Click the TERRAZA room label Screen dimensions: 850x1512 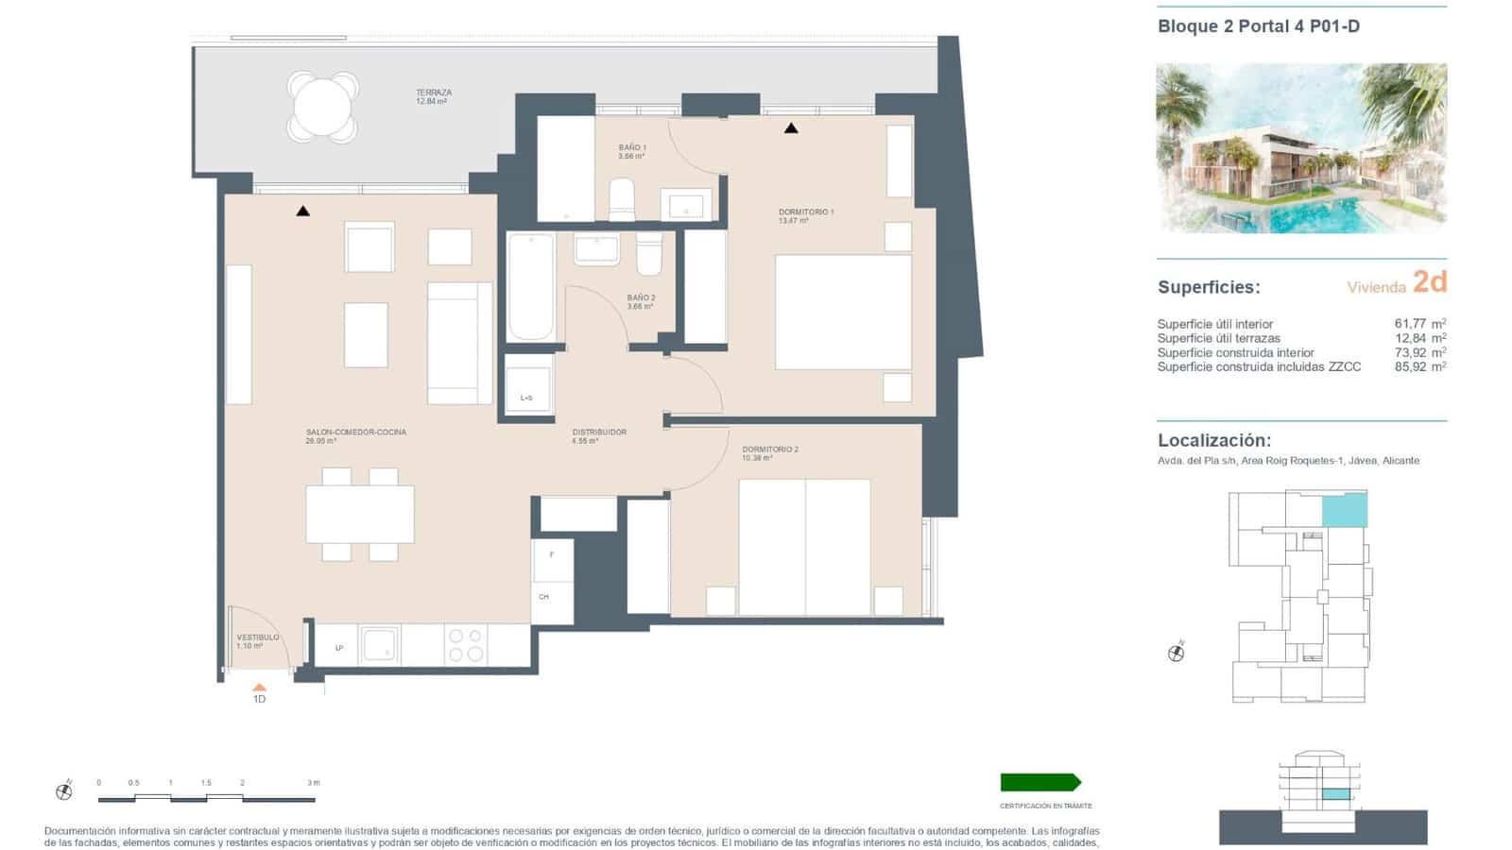pyautogui.click(x=434, y=93)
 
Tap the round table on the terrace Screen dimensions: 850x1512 pyautogui.click(x=322, y=107)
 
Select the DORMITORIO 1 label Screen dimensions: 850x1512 pyautogui.click(x=805, y=212)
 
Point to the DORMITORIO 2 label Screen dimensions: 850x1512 pyautogui.click(x=769, y=450)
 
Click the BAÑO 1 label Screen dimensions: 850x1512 pyautogui.click(x=632, y=148)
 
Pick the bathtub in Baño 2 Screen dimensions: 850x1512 pyautogui.click(x=530, y=286)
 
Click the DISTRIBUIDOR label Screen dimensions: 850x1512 pyautogui.click(x=599, y=433)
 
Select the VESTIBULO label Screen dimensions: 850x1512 pyautogui.click(x=257, y=637)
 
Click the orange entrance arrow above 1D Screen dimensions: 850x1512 pyautogui.click(x=259, y=688)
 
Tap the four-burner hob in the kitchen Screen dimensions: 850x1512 pyautogui.click(x=466, y=645)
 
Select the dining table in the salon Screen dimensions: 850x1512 pyautogui.click(x=360, y=514)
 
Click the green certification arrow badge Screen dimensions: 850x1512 pyautogui.click(x=1040, y=782)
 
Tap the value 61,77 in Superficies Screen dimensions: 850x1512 pyautogui.click(x=1410, y=324)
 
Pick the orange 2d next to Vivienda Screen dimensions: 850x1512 pyautogui.click(x=1429, y=282)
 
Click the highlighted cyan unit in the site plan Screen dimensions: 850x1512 pyautogui.click(x=1344, y=511)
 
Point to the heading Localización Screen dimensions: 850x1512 pyautogui.click(x=1213, y=440)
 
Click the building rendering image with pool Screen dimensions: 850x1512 pyautogui.click(x=1301, y=148)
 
